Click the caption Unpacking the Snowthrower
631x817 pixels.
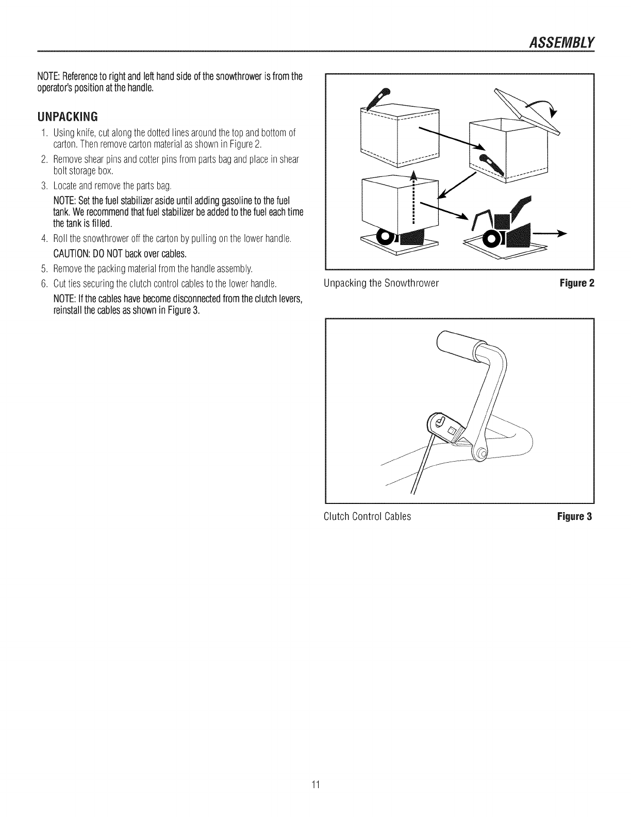(381, 283)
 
